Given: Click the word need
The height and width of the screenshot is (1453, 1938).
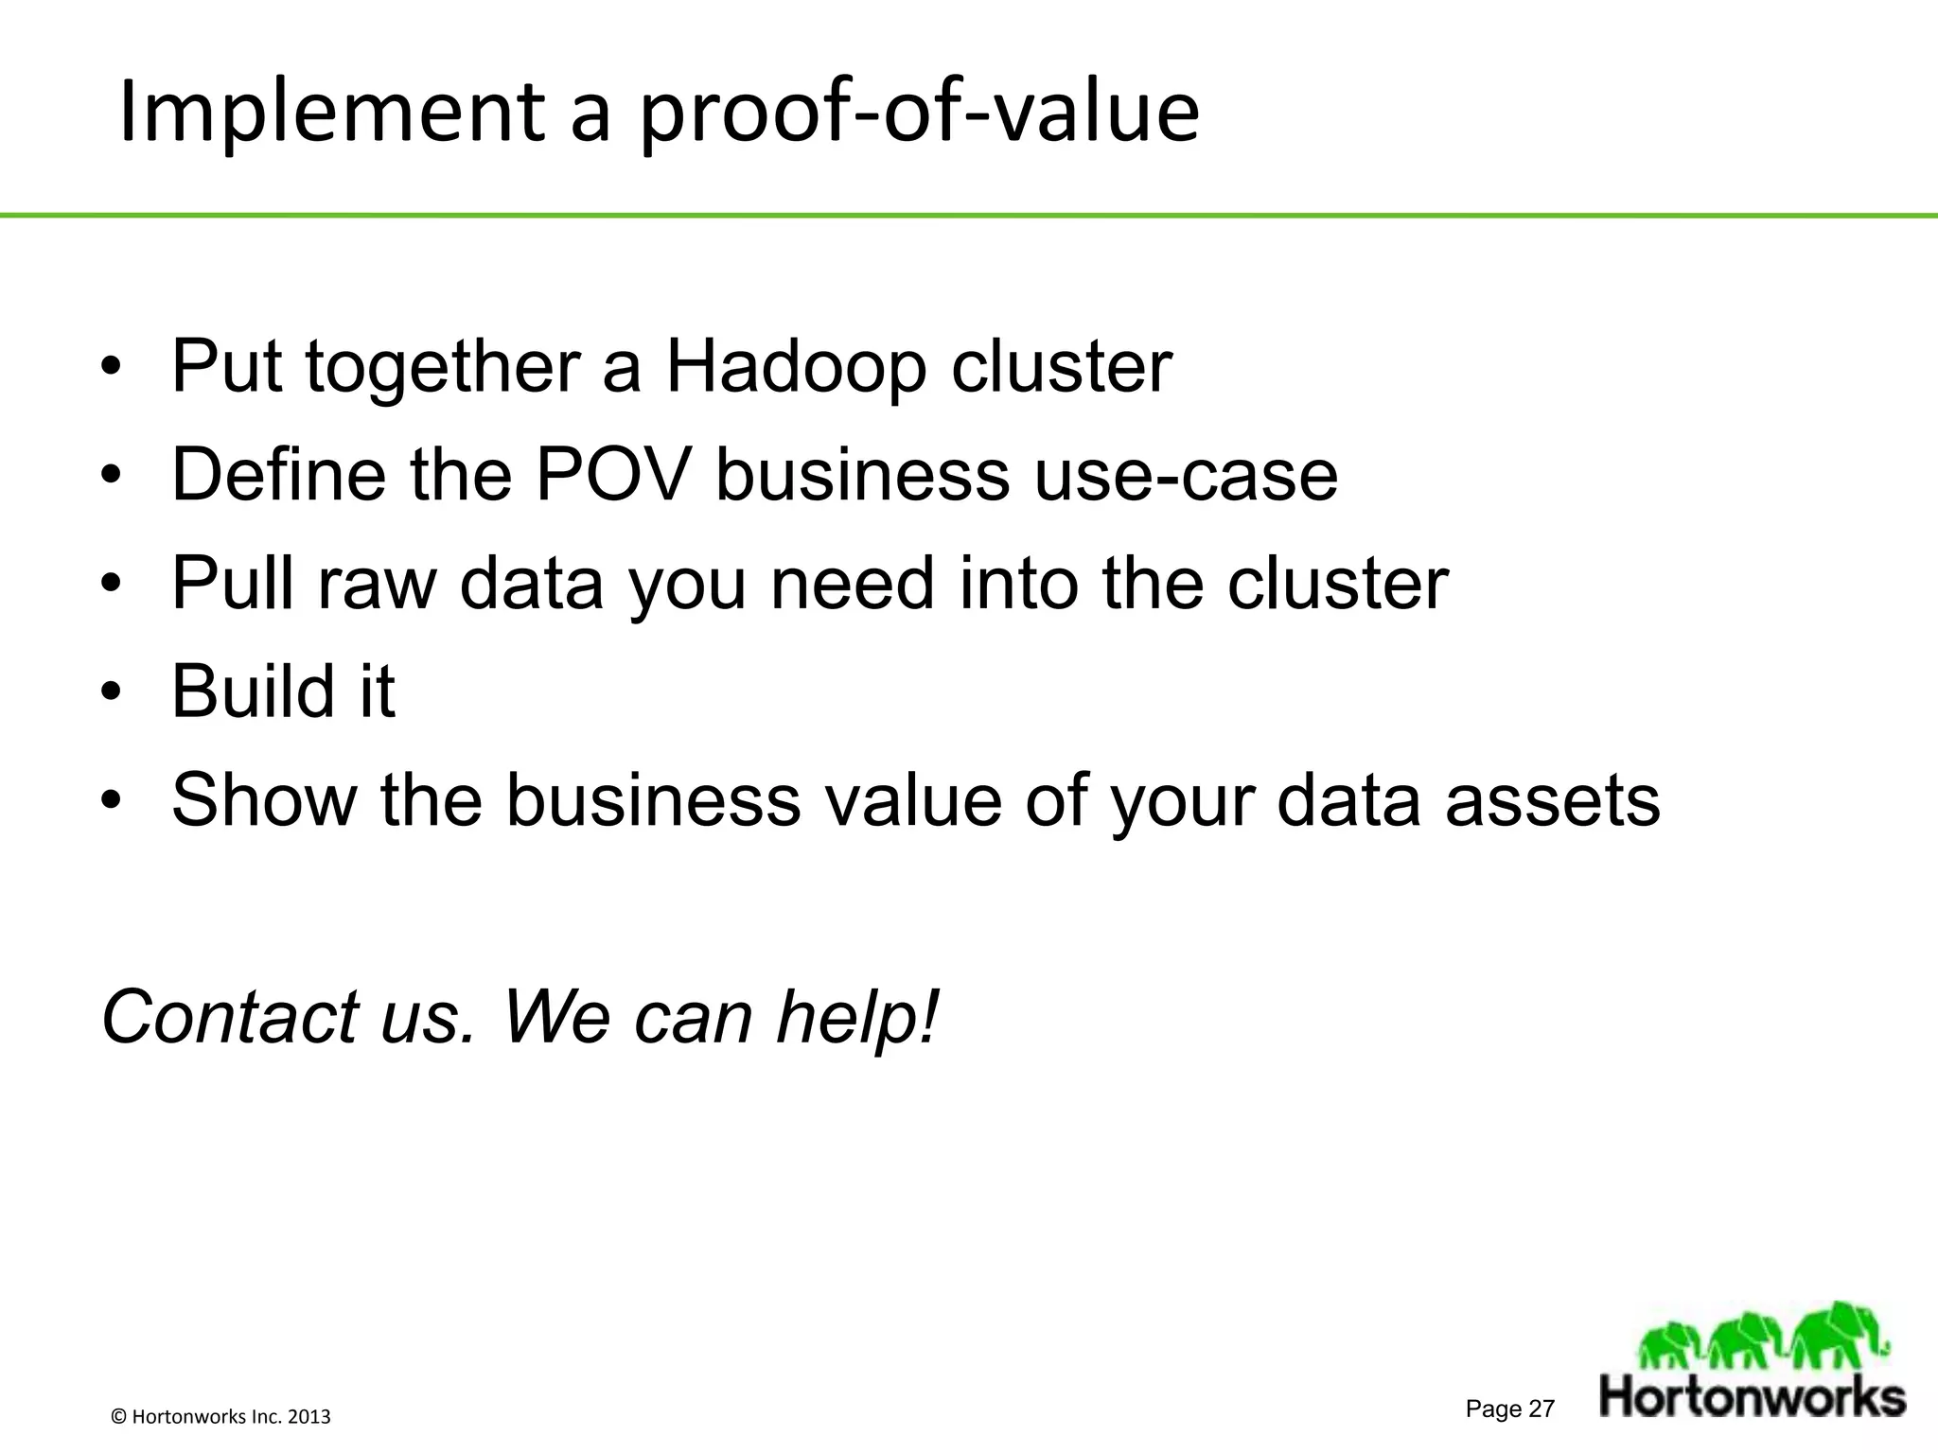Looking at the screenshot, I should coord(853,583).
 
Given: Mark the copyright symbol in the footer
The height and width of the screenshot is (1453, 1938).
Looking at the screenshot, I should coord(119,1417).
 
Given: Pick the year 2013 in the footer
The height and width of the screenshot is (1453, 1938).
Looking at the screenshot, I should coord(308,1417).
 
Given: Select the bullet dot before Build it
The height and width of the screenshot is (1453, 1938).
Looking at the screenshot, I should coord(111,692).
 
